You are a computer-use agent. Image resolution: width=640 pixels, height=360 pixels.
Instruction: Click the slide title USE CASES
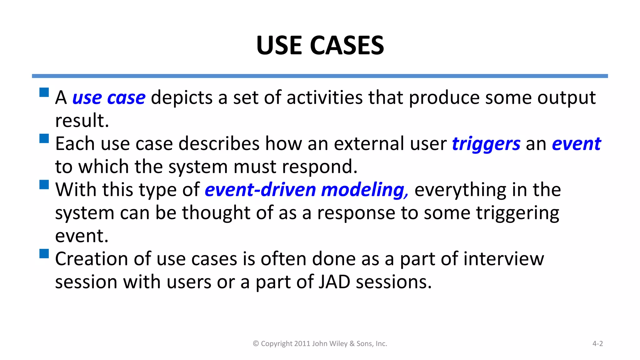click(320, 45)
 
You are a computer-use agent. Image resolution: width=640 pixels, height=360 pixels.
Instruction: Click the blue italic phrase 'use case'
click(109, 98)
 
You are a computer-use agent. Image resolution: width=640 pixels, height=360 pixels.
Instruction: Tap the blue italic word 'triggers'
click(486, 144)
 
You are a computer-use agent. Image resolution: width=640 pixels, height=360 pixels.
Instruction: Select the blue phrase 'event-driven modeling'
click(306, 190)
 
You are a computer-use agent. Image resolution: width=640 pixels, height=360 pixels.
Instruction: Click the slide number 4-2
click(597, 343)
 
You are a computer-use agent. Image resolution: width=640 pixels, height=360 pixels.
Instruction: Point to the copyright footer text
click(320, 343)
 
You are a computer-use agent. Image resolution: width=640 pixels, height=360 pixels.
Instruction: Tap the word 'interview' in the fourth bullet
click(503, 259)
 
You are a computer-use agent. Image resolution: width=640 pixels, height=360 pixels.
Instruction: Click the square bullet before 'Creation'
click(44, 253)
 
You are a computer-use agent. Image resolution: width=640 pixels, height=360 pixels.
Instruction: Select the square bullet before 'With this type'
click(44, 184)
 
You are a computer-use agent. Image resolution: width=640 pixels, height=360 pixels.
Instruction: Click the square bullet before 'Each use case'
click(44, 138)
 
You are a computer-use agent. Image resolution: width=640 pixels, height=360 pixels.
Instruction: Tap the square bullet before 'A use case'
click(44, 92)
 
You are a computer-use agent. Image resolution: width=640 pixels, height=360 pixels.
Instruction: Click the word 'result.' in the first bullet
click(82, 121)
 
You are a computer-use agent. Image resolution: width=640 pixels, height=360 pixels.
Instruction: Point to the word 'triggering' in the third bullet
click(517, 213)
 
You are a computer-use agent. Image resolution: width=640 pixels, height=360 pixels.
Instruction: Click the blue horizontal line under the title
click(320, 76)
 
